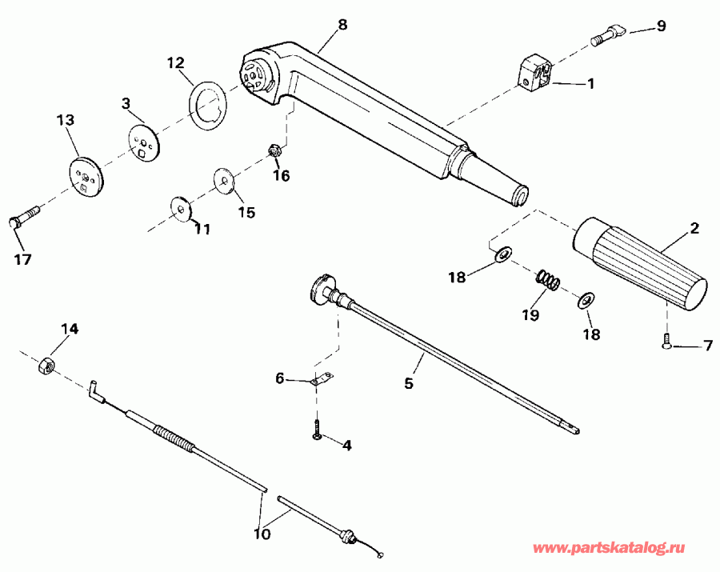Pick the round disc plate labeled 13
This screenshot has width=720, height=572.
(x=84, y=175)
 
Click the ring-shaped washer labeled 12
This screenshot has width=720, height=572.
(x=209, y=105)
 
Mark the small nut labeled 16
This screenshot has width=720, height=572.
(x=273, y=148)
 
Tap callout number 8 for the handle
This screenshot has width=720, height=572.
(x=342, y=24)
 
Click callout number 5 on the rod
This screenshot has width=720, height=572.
(x=408, y=383)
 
